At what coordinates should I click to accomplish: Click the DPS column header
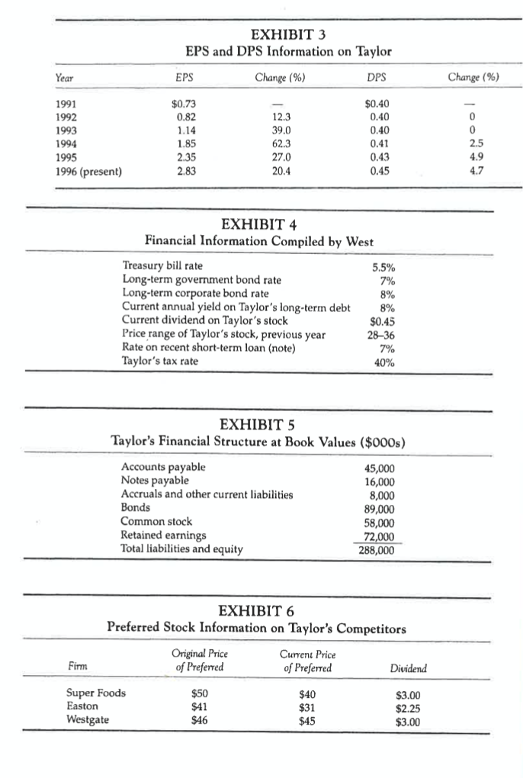point(374,77)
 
